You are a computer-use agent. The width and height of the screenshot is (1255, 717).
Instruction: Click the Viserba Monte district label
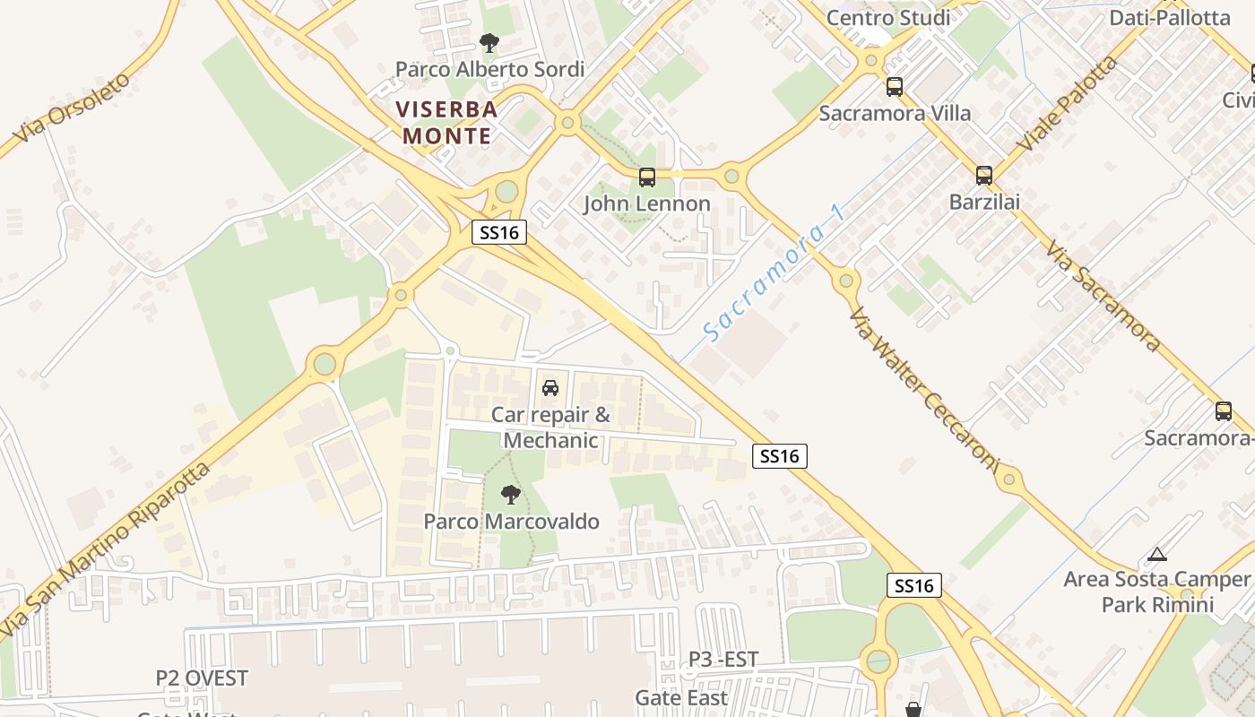click(x=447, y=122)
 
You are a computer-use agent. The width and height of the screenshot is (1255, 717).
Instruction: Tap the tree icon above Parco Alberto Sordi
click(x=489, y=42)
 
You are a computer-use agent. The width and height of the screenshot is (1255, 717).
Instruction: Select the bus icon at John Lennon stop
click(x=647, y=177)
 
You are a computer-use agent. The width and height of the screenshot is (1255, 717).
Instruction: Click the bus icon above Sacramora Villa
click(x=894, y=87)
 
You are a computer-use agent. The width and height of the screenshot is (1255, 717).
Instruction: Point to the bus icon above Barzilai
click(x=984, y=176)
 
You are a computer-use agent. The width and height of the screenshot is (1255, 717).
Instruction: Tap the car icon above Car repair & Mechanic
click(x=550, y=387)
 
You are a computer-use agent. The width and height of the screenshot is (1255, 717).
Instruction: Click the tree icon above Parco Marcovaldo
click(x=510, y=494)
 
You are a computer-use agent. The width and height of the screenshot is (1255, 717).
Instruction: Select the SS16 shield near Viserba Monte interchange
click(x=499, y=233)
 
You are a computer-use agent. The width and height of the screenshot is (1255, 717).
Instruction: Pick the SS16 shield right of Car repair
click(x=780, y=456)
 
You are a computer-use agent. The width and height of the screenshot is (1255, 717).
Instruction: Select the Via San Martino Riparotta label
click(x=106, y=548)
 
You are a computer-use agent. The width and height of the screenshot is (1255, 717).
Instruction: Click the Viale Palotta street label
click(x=1068, y=103)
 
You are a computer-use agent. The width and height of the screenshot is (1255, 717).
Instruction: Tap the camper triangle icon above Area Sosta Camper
click(x=1157, y=555)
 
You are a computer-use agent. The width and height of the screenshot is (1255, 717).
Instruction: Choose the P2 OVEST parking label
click(x=202, y=678)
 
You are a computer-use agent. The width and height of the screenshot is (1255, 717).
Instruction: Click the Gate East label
click(x=681, y=697)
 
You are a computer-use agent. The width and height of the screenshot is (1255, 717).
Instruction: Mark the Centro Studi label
click(x=888, y=17)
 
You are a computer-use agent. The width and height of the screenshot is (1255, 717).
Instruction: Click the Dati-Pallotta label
click(x=1170, y=17)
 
